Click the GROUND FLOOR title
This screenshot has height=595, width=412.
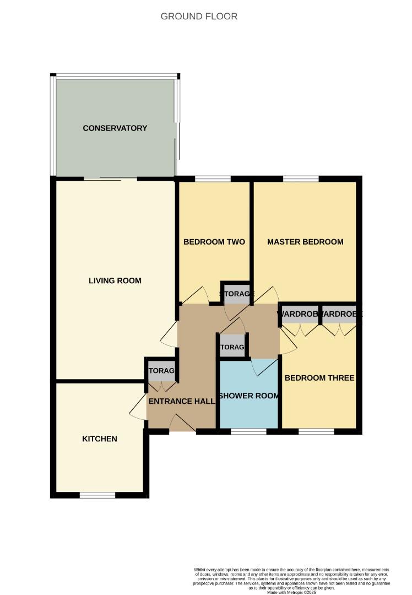[x=199, y=17]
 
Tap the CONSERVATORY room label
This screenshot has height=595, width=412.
[x=115, y=128]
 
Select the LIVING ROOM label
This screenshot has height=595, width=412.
[x=115, y=280]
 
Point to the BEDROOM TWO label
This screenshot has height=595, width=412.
[x=214, y=242]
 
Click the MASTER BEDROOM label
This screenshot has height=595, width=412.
[x=305, y=242]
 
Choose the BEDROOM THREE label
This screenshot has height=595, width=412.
[x=319, y=378]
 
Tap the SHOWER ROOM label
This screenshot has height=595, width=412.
[x=248, y=396]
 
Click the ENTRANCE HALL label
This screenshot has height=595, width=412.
[x=181, y=402]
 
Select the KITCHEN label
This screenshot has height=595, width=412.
[x=100, y=439]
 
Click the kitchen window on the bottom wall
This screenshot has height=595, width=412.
[x=97, y=495]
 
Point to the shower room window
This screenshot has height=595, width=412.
[x=248, y=432]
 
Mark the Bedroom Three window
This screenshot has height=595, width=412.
[x=316, y=432]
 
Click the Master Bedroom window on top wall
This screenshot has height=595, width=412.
[x=301, y=178]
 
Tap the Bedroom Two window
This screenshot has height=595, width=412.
[x=213, y=178]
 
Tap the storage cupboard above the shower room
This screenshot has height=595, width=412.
[x=232, y=347]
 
